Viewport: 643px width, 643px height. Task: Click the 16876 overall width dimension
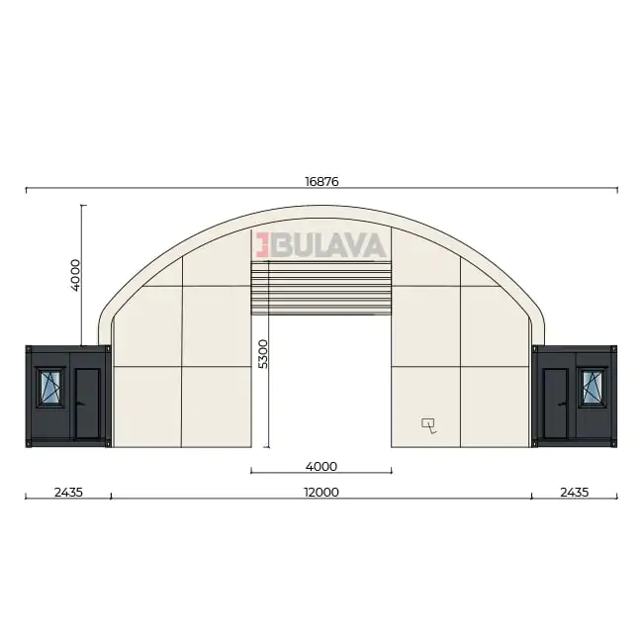[x=321, y=181]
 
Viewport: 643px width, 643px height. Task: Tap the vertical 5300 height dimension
[x=263, y=354]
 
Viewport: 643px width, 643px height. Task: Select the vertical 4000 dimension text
[x=75, y=275]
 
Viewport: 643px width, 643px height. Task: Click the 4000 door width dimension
[x=321, y=466]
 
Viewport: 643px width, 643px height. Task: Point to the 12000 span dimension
[x=321, y=492]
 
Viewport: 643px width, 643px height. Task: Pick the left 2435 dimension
[x=68, y=492]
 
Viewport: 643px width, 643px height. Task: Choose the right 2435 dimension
[x=575, y=492]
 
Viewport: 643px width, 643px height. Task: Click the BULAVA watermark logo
[x=321, y=245]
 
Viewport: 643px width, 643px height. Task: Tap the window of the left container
[x=50, y=387]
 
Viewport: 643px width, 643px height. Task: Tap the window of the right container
[x=593, y=387]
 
